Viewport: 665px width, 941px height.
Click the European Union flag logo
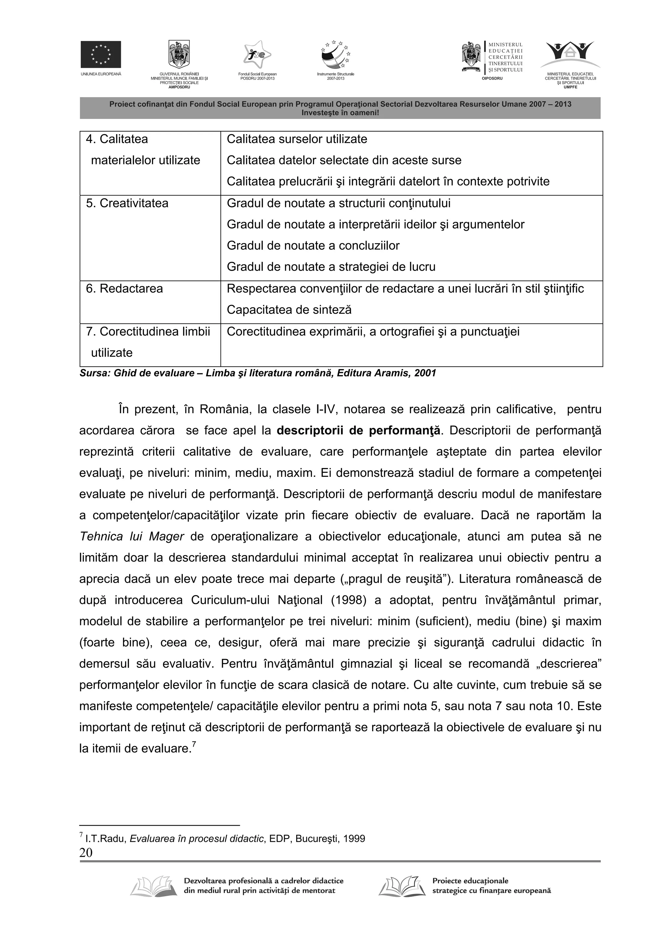click(x=100, y=54)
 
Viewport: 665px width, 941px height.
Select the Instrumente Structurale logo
click(x=335, y=55)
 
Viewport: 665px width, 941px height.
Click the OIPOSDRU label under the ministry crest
click(x=492, y=78)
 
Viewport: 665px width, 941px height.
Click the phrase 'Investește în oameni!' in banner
click(x=340, y=112)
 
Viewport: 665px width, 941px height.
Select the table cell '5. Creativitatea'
click(x=127, y=203)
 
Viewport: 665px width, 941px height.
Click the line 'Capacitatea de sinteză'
click(x=289, y=310)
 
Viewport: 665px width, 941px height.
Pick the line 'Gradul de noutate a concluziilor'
click(x=313, y=246)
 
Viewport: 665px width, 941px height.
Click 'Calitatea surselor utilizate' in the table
click(x=297, y=139)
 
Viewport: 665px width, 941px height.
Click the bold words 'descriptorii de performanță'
click(x=359, y=431)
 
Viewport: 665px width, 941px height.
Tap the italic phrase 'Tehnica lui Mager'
click(x=132, y=537)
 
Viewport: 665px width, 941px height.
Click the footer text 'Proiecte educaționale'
click(x=470, y=881)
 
